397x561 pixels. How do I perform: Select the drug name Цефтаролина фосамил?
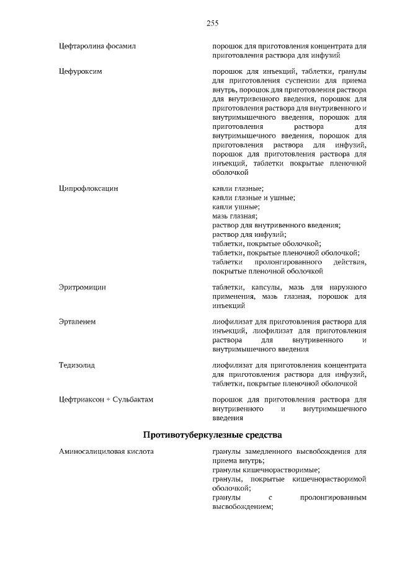(97, 46)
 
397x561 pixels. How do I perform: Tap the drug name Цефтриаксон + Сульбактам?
(105, 400)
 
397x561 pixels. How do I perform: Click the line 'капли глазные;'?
(238, 188)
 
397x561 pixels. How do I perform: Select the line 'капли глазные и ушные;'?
(253, 198)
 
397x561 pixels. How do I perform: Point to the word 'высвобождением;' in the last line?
(243, 506)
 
